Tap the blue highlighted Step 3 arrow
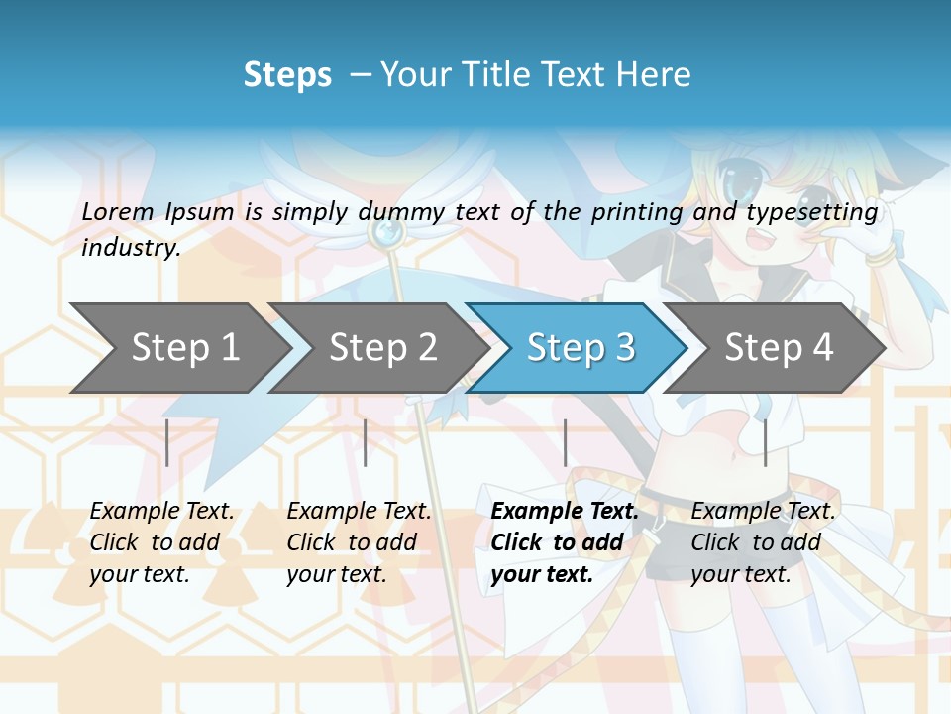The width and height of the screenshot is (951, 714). (581, 348)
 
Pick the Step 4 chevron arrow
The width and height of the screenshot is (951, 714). (779, 348)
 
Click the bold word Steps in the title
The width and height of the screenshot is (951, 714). (287, 75)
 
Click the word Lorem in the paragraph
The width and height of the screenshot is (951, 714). (118, 212)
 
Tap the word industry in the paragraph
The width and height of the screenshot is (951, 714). (129, 248)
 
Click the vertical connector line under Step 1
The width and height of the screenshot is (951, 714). (167, 442)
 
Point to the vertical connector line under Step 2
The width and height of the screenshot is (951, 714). (366, 442)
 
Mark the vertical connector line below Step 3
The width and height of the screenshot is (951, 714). (565, 442)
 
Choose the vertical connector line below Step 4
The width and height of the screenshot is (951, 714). (765, 442)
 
